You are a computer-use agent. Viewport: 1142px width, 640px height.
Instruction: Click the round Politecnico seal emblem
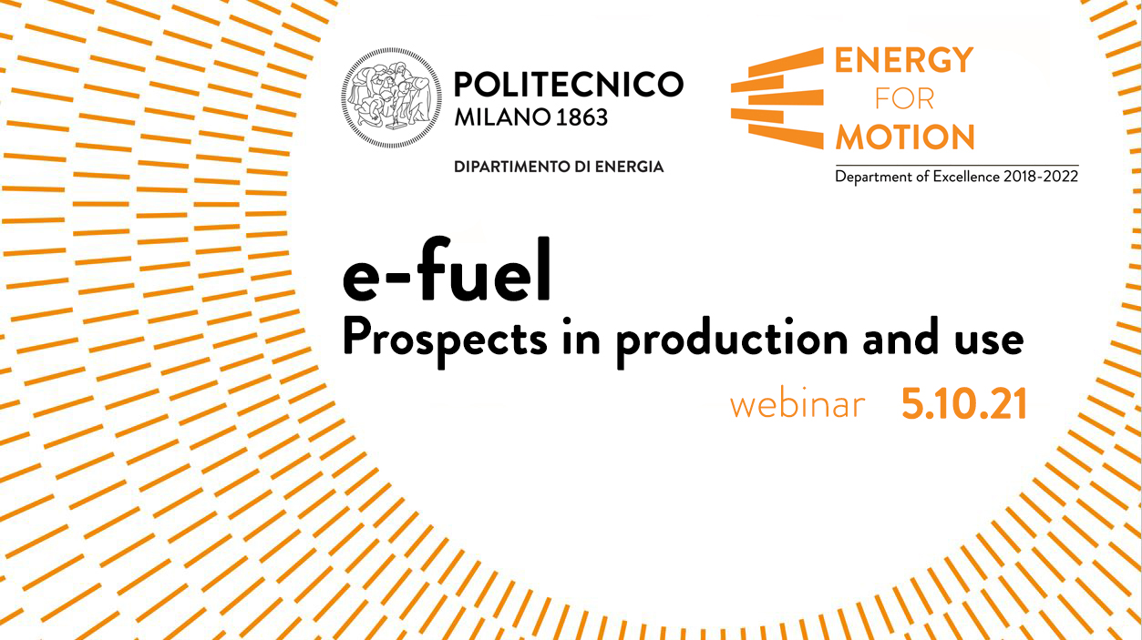[x=392, y=97]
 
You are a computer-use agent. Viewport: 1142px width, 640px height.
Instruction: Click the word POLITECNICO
[x=569, y=85]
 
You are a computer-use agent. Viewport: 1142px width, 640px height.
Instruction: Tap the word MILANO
[x=502, y=117]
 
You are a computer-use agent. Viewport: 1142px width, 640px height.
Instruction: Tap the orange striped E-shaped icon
[x=777, y=98]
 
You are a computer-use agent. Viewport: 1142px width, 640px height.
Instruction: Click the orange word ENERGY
[x=904, y=60]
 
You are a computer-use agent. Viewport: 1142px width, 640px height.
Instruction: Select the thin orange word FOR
[x=904, y=98]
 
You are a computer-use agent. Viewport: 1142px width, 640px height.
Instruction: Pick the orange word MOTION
[x=905, y=137]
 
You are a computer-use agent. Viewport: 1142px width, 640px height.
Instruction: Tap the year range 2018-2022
[x=1041, y=177]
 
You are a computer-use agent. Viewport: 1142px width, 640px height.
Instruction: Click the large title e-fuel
[x=447, y=269]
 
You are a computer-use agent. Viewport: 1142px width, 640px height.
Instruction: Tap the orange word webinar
[x=797, y=404]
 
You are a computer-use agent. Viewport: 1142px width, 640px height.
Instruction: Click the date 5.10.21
[x=964, y=403]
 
